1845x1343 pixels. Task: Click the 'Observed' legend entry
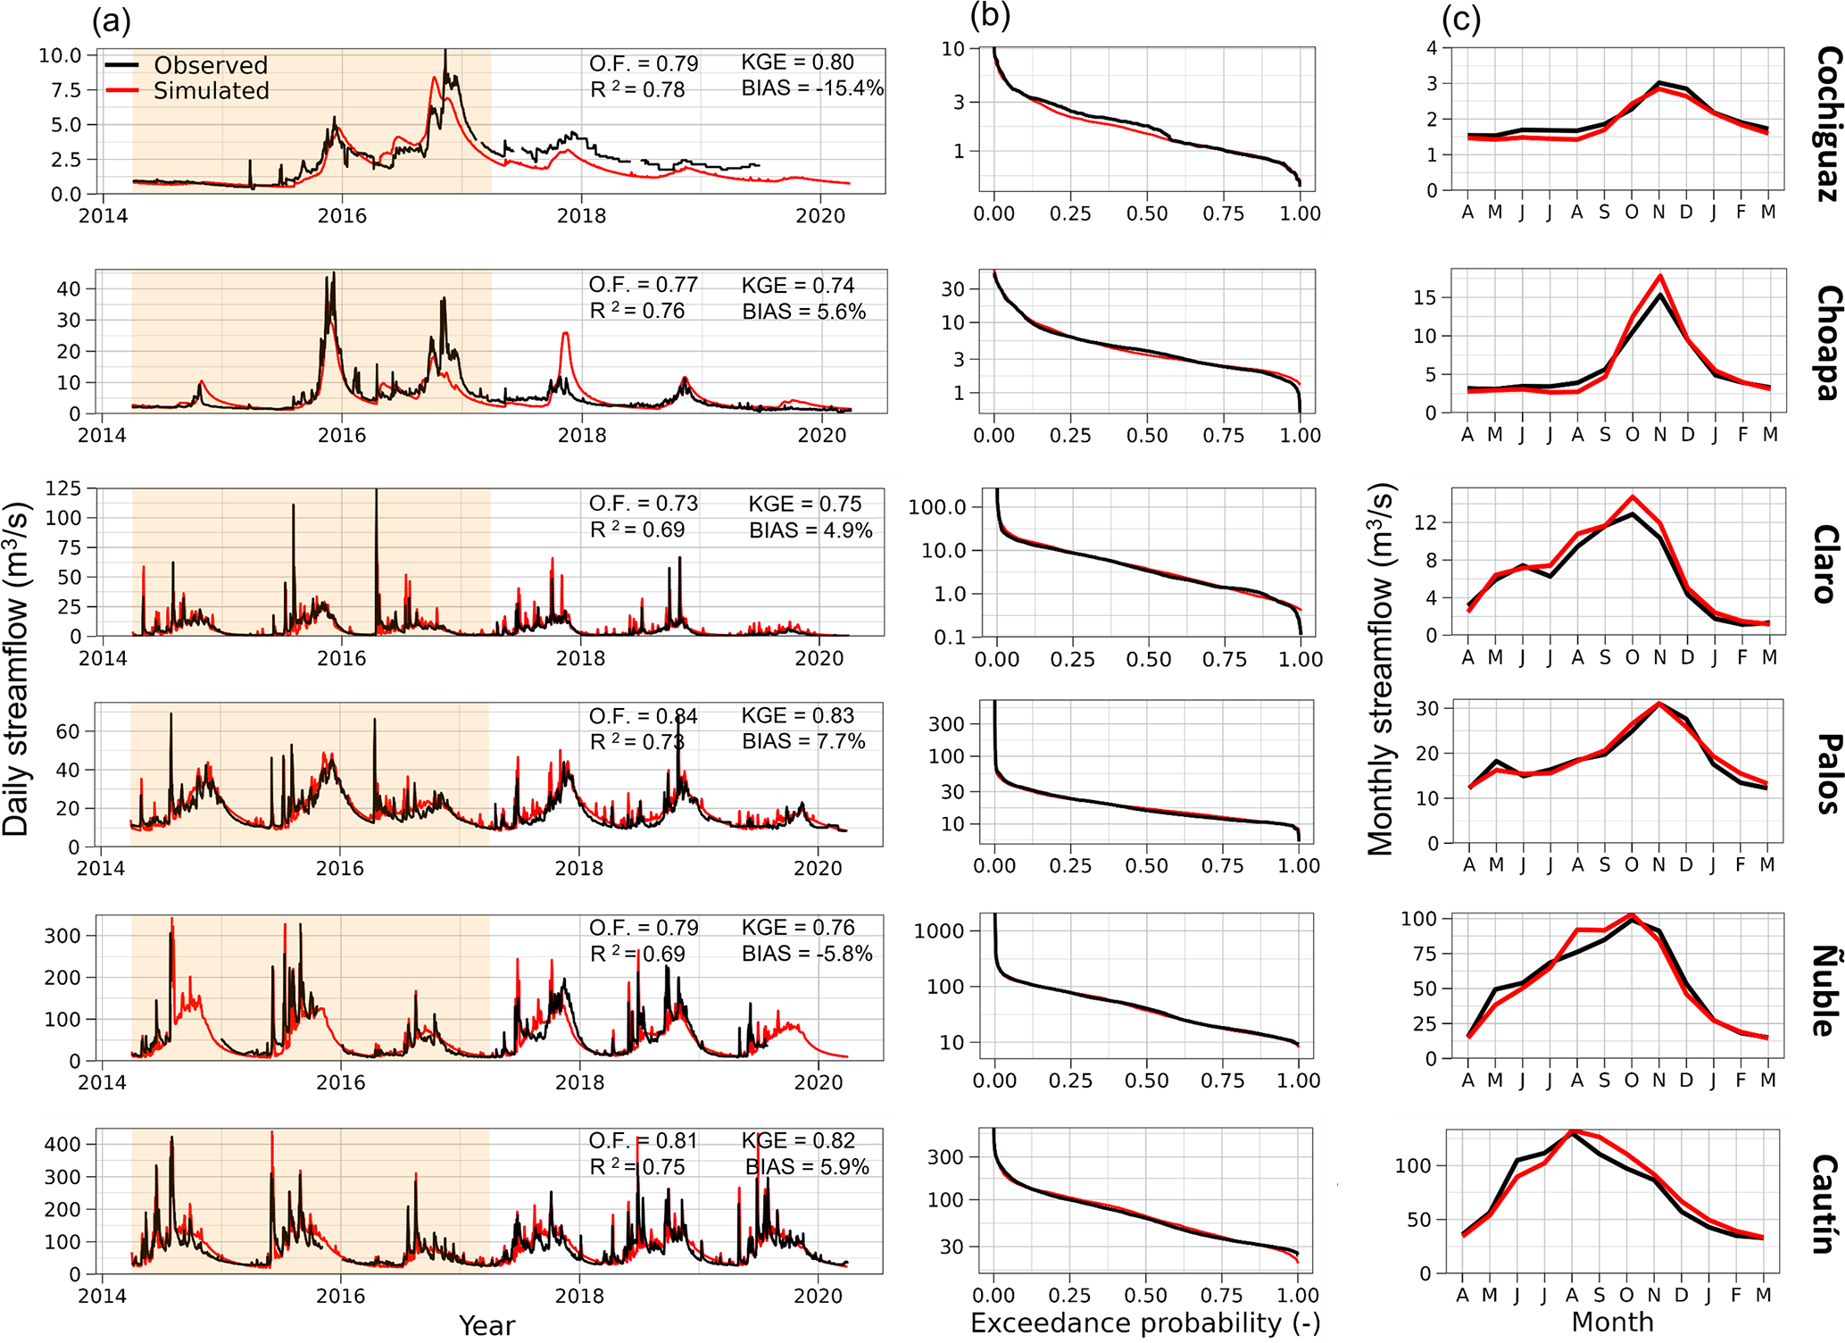tap(210, 65)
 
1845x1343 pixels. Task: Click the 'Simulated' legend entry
tap(211, 90)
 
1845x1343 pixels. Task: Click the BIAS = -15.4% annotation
tap(811, 88)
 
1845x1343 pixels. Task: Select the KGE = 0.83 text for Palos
tap(797, 715)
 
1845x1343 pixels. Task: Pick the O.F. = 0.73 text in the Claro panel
tap(643, 503)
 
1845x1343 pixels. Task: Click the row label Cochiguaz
tap(1827, 124)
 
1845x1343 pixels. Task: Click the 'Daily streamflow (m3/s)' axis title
tap(17, 668)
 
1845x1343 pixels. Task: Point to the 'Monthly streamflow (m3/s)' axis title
tap(1380, 670)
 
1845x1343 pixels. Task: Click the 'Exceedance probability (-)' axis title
tap(1144, 1322)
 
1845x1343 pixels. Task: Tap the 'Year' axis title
tap(486, 1325)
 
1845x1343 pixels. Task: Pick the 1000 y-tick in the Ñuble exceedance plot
tap(939, 931)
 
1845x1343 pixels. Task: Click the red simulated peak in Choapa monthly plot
tap(1659, 275)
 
